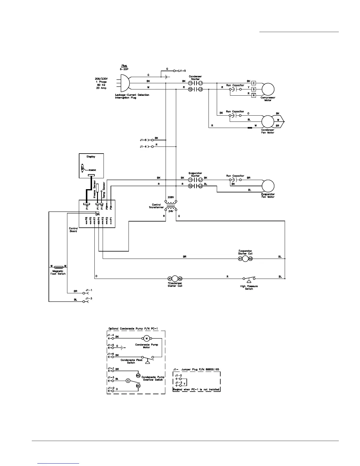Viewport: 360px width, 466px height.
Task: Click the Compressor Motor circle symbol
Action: click(268, 89)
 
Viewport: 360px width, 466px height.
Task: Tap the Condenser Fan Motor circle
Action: click(268, 121)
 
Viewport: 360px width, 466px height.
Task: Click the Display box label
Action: click(91, 157)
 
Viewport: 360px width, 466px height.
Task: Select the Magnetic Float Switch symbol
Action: click(59, 267)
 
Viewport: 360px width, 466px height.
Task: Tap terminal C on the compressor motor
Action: click(254, 83)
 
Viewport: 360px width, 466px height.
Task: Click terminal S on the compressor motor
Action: click(254, 89)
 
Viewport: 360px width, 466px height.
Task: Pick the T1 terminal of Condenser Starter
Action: click(190, 83)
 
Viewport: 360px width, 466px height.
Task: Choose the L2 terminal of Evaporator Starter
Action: click(201, 186)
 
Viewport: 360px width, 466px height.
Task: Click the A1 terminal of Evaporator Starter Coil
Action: click(240, 259)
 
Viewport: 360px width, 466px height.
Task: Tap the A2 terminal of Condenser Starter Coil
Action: click(180, 279)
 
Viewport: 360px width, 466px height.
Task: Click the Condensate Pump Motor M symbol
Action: click(146, 338)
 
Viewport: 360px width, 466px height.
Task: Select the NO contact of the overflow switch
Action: click(138, 375)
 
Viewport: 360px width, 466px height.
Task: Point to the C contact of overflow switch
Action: click(128, 381)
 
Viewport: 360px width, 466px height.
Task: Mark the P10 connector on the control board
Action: click(87, 207)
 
